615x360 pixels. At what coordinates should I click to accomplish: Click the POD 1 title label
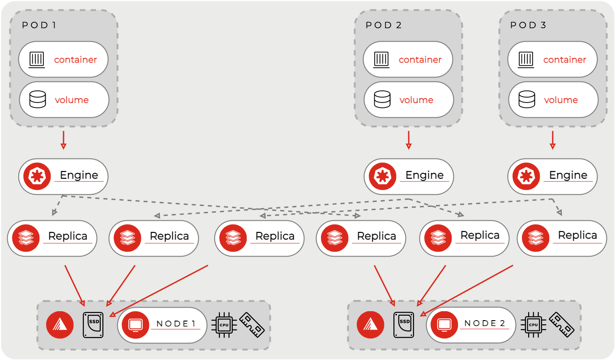click(39, 25)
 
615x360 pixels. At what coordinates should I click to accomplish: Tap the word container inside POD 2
click(420, 60)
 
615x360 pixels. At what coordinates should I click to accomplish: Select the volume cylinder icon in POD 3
click(526, 99)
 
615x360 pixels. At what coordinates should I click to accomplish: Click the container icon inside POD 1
click(38, 60)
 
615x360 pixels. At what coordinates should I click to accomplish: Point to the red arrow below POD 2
click(408, 140)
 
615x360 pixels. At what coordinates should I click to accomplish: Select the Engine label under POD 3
click(568, 175)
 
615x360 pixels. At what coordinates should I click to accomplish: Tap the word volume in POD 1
click(72, 100)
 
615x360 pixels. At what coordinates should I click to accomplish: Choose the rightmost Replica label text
click(577, 236)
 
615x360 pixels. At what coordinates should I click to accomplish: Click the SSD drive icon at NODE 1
click(93, 325)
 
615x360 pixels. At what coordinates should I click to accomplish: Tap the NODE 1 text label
click(176, 324)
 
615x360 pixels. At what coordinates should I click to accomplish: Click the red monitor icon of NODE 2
click(444, 325)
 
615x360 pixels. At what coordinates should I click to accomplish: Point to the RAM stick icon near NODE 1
click(252, 325)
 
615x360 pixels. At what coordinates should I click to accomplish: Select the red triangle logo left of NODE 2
click(370, 325)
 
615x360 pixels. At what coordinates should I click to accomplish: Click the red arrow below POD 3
click(552, 140)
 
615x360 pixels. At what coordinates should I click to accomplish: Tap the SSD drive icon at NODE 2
click(404, 325)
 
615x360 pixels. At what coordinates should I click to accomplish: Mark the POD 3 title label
click(528, 25)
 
